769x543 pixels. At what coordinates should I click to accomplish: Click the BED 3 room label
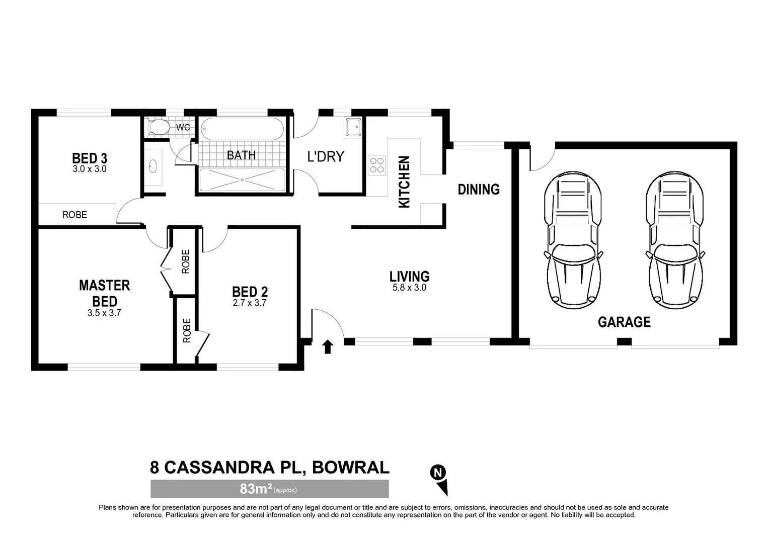(x=90, y=158)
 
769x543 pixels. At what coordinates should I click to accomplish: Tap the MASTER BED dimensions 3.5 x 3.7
(x=104, y=313)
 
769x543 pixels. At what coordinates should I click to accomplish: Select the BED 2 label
(x=250, y=292)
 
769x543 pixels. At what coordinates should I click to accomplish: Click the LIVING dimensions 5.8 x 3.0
(x=409, y=288)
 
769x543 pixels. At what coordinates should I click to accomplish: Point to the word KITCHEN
(x=404, y=182)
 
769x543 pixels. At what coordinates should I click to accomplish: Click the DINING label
(x=479, y=190)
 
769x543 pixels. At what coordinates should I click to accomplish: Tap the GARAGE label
(x=624, y=322)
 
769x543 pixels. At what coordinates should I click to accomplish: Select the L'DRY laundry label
(x=326, y=156)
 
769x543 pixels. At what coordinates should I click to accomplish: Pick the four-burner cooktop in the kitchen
(x=377, y=165)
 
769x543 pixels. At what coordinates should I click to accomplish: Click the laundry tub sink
(x=352, y=127)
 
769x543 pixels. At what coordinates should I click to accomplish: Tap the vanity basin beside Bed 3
(x=153, y=166)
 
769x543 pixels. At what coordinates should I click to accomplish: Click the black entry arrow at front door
(x=328, y=346)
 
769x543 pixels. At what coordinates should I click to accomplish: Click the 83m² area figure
(x=256, y=489)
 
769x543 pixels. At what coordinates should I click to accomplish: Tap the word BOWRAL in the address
(x=351, y=468)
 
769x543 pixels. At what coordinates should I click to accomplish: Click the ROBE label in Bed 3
(x=74, y=215)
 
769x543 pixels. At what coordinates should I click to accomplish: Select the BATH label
(x=241, y=155)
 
